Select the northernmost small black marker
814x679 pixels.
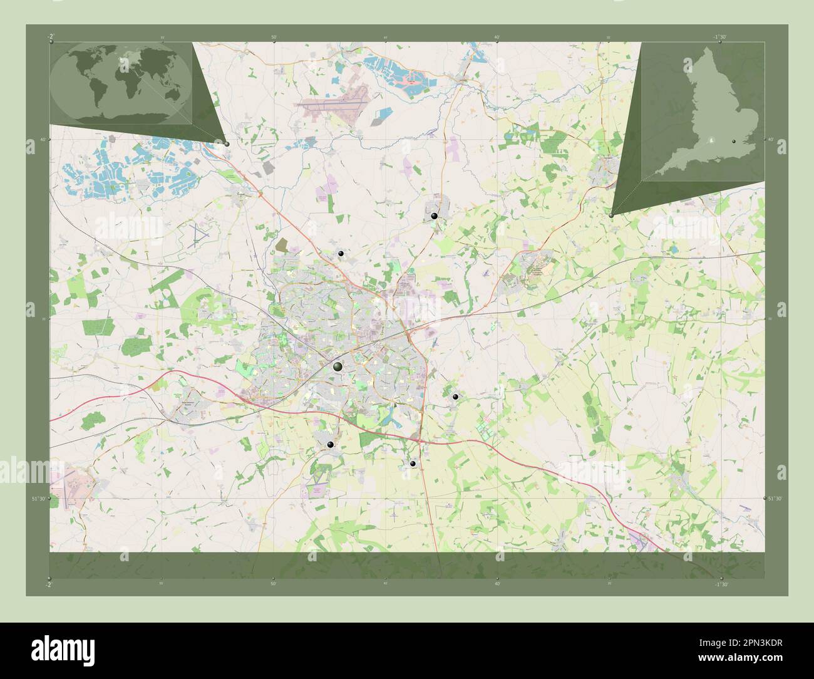pyautogui.click(x=434, y=215)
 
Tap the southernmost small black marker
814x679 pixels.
pyautogui.click(x=413, y=464)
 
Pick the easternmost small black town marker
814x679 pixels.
pyautogui.click(x=455, y=397)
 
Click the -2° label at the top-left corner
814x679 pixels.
pyautogui.click(x=49, y=37)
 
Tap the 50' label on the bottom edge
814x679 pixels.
pyautogui.click(x=274, y=583)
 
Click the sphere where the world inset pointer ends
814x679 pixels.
pyautogui.click(x=227, y=143)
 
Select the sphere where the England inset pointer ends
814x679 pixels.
pyautogui.click(x=611, y=215)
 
